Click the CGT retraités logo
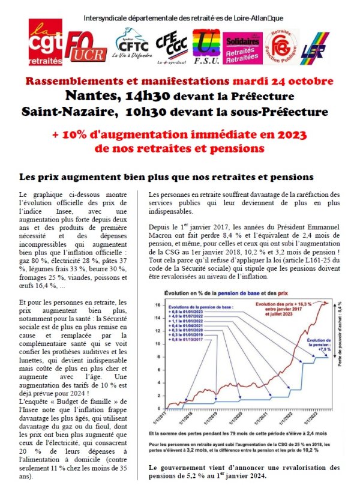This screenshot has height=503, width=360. [46, 43]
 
